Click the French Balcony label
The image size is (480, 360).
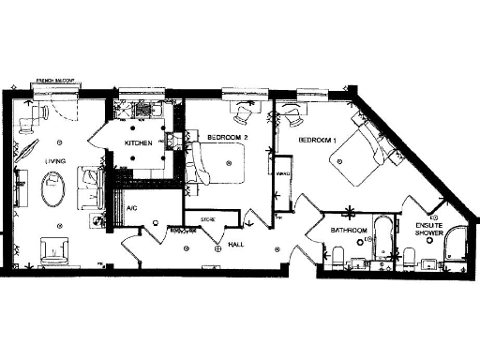point(56,82)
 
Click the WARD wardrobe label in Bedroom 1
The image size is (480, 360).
point(282,173)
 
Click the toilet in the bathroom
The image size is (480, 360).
point(339,254)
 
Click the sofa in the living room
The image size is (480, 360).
point(91,187)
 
